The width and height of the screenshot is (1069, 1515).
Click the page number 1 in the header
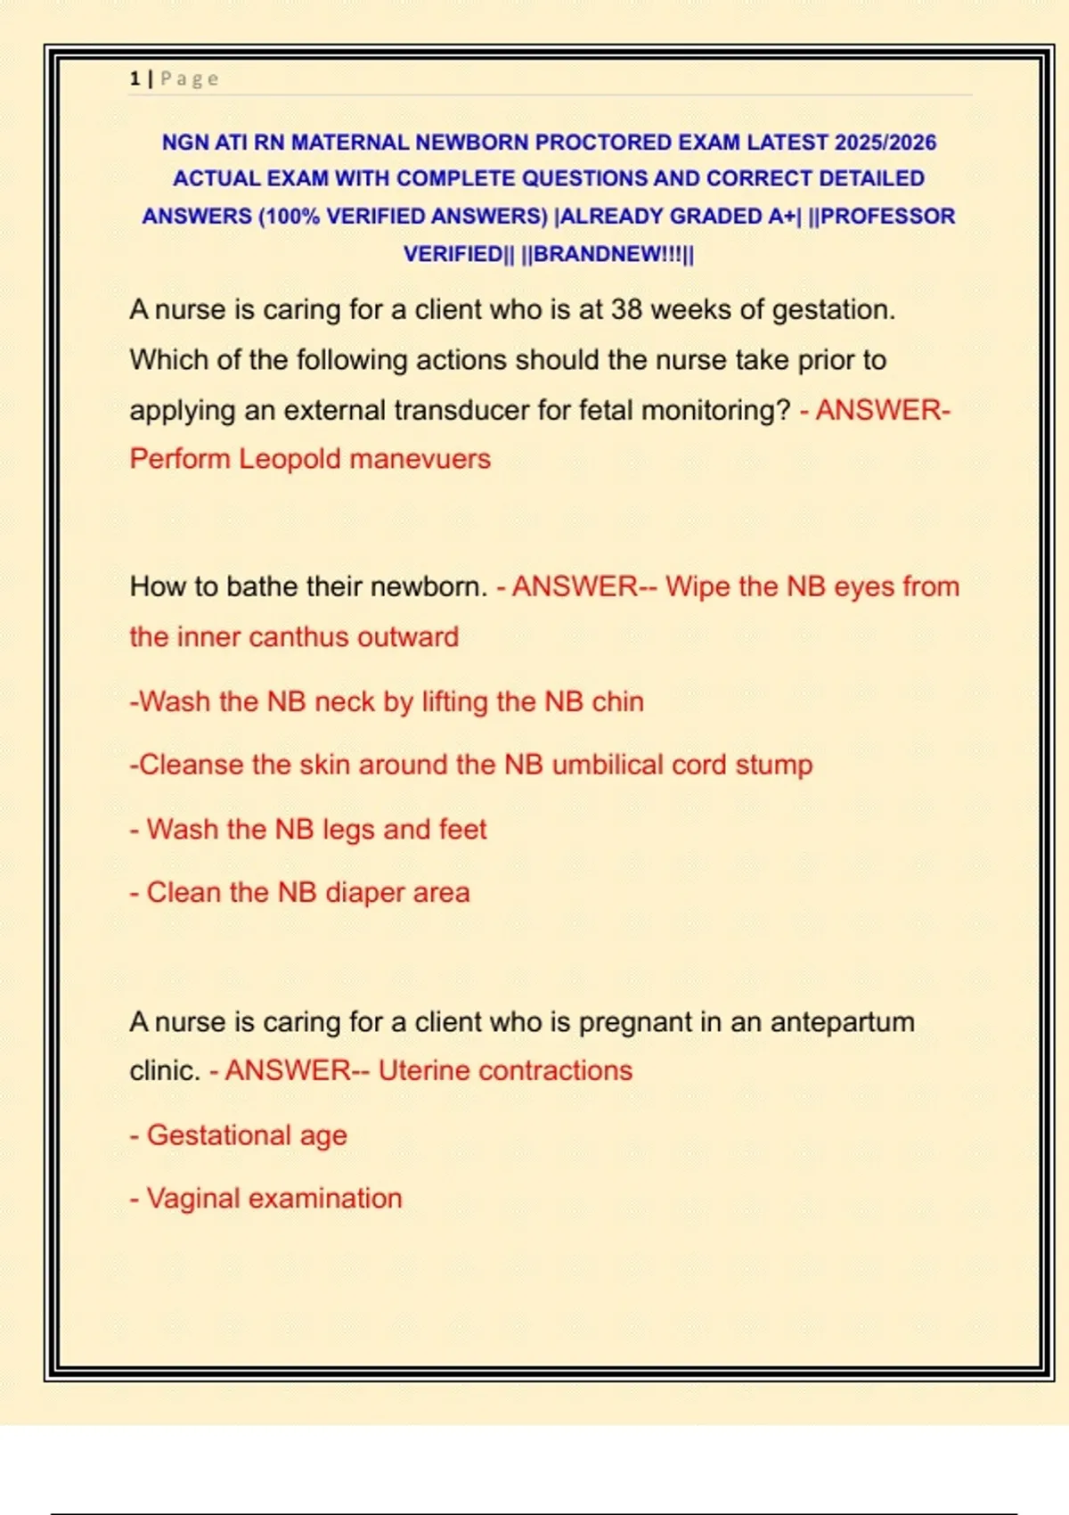135,78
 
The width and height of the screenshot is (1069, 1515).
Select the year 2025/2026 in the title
885,143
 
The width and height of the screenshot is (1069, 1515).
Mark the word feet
462,830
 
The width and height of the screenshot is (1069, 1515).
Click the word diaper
364,893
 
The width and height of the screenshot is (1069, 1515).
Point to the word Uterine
424,1071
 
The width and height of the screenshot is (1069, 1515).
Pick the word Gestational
218,1135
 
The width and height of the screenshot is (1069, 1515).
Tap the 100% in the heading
291,217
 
